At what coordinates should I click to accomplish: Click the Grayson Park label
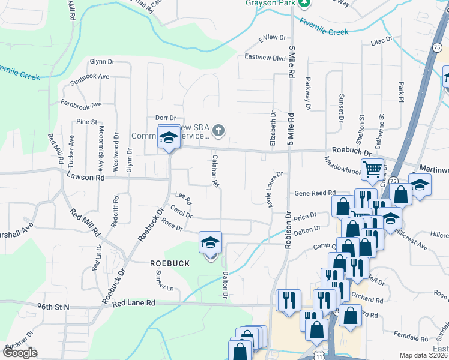[x=269, y=2]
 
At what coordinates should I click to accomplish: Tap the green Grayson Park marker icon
[x=304, y=2]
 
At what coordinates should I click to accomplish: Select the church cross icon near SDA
[x=219, y=130]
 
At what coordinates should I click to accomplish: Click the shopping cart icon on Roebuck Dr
[x=372, y=170]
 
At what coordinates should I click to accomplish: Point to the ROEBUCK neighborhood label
[x=170, y=263]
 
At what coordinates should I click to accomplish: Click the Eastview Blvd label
[x=265, y=58]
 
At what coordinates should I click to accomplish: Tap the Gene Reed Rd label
[x=314, y=193]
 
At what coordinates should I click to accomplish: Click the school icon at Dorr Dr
[x=169, y=137]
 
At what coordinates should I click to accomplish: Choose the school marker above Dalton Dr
[x=211, y=242]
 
